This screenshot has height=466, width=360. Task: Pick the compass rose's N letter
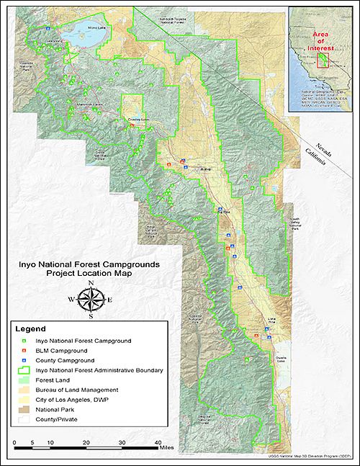91,283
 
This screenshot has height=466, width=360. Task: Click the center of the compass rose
91,299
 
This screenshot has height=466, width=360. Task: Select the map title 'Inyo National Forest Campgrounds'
89,264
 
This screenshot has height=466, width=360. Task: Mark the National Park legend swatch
26,408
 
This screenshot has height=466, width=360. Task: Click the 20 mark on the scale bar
86,442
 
